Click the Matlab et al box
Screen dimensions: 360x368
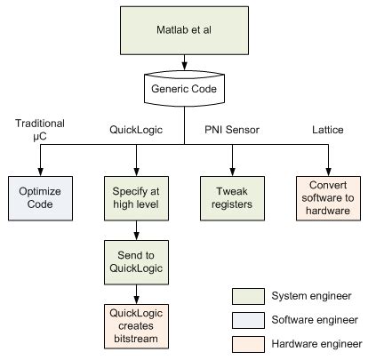pos(184,30)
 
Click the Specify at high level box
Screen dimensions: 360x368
pos(135,196)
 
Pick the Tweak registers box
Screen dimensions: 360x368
pos(232,196)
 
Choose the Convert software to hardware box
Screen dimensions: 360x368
pos(329,196)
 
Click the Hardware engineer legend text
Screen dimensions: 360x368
pos(316,343)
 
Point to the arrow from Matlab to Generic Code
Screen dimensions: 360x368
pos(184,64)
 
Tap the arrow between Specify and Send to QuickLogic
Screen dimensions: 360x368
pos(135,229)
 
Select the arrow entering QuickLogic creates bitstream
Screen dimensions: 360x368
pos(135,294)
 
